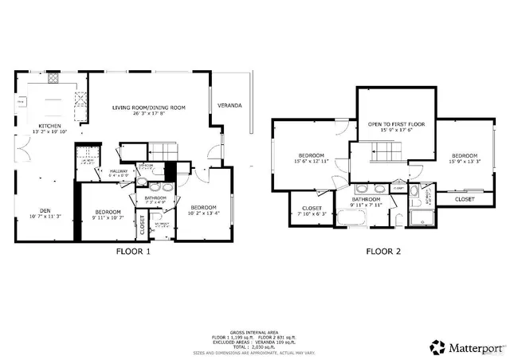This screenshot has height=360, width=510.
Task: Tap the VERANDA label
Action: [x=230, y=105]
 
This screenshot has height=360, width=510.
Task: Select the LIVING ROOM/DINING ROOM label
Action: [x=148, y=108]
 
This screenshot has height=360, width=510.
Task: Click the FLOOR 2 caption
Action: [x=382, y=252]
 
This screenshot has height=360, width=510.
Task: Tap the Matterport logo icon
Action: [x=437, y=346]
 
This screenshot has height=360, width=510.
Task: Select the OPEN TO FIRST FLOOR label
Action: [x=396, y=125]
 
